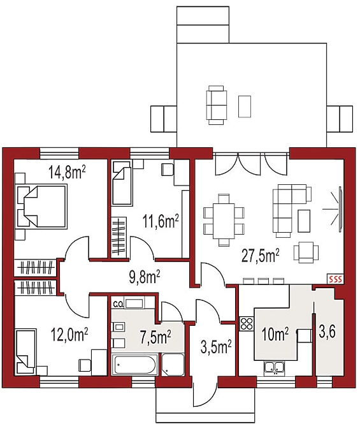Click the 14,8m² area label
pos(68,172)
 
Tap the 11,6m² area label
pos(161,221)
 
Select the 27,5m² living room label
pos(260,256)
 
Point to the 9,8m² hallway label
pos(145,277)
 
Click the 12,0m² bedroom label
pos(69,335)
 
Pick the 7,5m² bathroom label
pos(155,337)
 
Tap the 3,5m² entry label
pos(216,347)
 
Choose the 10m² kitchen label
pos(275,334)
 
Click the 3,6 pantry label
pos(327,332)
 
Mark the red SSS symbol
pos(335,279)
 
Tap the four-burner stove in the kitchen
pos(247,323)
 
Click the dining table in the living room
pos(224,221)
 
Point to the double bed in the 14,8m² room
pos(41,207)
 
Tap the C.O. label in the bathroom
pos(119,305)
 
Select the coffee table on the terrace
pos(244,106)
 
